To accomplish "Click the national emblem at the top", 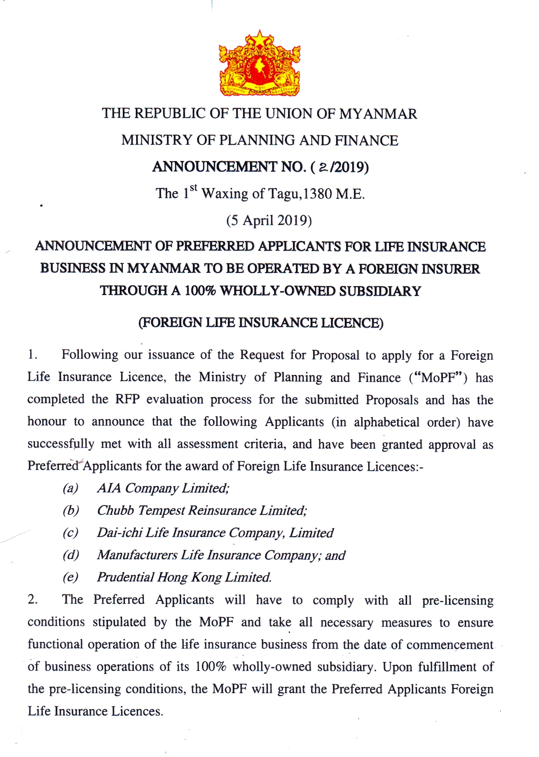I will (260, 64).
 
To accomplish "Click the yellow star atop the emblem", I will (260, 38).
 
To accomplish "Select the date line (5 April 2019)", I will (269, 220).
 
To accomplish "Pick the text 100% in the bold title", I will (200, 291).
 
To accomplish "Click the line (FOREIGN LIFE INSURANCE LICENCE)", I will (261, 323).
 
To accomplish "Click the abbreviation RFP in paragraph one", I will (127, 400).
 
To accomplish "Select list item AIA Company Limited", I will (163, 488).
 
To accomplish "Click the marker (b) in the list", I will (71, 510).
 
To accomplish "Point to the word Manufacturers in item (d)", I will (137, 555).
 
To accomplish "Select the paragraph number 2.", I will (32, 600).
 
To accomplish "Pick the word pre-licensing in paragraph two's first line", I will (457, 600).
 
